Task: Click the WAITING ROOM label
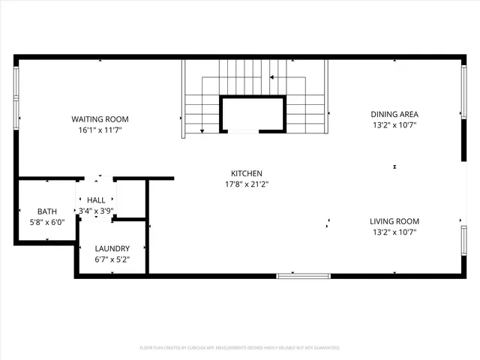(100, 119)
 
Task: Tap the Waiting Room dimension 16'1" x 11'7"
(100, 130)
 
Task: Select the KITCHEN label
(246, 173)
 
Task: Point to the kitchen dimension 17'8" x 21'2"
(246, 184)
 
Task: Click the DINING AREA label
(394, 115)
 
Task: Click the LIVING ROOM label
(394, 221)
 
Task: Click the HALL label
(96, 200)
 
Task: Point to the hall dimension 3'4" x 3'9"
(96, 211)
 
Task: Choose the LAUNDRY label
(112, 248)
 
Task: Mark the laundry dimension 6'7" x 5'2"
(112, 259)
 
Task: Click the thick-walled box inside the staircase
(252, 115)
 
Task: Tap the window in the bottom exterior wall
(303, 276)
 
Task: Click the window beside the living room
(463, 247)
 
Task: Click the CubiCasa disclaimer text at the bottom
(240, 348)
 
